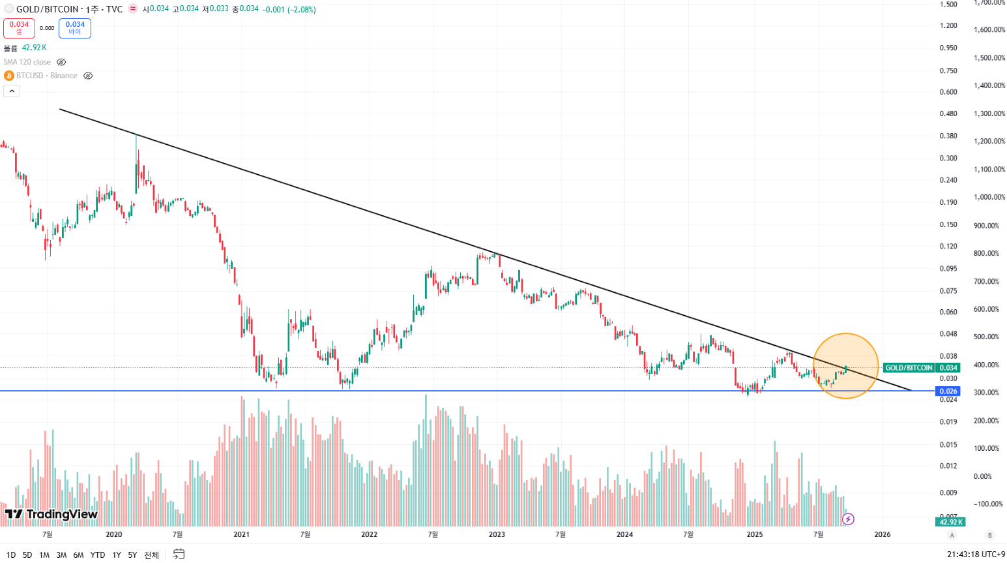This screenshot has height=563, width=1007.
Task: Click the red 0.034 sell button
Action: pos(19,28)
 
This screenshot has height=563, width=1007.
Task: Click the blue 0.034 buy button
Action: pos(75,28)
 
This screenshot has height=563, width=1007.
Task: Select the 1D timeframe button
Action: pos(11,555)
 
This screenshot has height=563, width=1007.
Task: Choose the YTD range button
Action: pos(98,555)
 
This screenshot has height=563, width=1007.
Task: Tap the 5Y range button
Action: pos(132,555)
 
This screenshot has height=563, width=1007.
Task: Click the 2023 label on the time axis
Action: pos(497,535)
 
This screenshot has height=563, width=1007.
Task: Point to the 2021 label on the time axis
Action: pos(241,535)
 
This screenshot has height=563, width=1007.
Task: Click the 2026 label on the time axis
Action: pos(883,535)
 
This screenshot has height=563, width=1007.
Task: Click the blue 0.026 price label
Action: pos(948,391)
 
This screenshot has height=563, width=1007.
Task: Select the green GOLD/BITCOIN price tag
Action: pos(909,368)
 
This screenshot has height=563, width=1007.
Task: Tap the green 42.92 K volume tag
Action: pos(950,522)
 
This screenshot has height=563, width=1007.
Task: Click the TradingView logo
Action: pos(51,515)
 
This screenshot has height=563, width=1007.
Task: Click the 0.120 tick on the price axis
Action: pos(948,247)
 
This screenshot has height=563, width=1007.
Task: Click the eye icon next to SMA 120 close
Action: pos(61,62)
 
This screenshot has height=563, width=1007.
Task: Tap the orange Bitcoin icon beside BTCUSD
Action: pos(9,76)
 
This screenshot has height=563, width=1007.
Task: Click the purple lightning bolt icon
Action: pos(848,519)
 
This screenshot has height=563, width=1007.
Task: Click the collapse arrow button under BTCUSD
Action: pos(12,91)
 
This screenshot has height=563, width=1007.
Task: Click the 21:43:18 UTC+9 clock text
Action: pos(976,555)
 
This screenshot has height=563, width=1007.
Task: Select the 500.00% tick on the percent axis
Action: pos(986,337)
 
